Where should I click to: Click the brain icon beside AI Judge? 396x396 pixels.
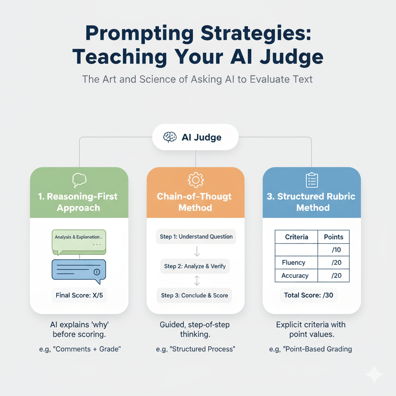click(x=170, y=137)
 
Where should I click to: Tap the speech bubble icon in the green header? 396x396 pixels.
click(x=79, y=180)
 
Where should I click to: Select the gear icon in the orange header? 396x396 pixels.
click(x=195, y=180)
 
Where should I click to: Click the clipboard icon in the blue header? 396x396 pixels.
click(x=312, y=180)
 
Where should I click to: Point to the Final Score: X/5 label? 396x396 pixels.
click(x=79, y=295)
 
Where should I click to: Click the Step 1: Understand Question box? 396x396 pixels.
click(x=196, y=237)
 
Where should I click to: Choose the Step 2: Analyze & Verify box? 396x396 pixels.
click(x=195, y=266)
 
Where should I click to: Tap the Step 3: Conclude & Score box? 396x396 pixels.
click(x=195, y=295)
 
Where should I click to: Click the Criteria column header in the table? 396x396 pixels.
click(x=296, y=237)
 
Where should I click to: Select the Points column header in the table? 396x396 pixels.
click(x=333, y=237)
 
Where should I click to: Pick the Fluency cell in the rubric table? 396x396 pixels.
click(x=294, y=263)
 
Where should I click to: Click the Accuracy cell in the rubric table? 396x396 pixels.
click(x=295, y=276)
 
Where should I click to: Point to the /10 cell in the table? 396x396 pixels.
click(x=336, y=250)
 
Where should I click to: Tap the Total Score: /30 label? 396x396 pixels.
click(x=308, y=295)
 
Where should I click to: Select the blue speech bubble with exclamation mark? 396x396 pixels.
click(x=79, y=270)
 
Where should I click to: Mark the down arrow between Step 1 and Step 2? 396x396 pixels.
click(x=196, y=251)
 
